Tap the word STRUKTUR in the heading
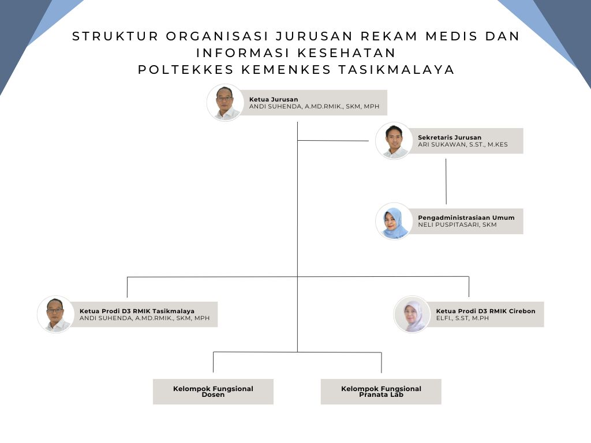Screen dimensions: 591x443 (x=115, y=36)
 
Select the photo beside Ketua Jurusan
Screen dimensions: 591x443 (x=225, y=103)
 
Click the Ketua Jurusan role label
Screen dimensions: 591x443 (x=274, y=99)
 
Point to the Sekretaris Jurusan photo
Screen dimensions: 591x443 (x=394, y=141)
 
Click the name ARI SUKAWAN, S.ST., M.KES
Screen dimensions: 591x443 (x=463, y=145)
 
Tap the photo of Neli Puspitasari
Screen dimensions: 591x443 (x=394, y=221)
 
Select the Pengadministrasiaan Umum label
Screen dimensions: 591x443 (x=466, y=217)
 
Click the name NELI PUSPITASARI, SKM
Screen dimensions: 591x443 (x=457, y=225)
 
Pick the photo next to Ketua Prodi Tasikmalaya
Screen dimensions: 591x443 (x=56, y=314)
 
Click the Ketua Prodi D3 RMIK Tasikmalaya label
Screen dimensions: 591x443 (x=137, y=311)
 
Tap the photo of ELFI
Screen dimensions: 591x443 (x=412, y=314)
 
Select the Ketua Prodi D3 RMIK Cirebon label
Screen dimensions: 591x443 (x=485, y=311)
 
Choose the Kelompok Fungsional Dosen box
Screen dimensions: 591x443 (x=213, y=392)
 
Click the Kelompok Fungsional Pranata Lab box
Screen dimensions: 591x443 (x=381, y=392)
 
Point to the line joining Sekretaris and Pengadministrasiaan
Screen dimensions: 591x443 (x=446, y=182)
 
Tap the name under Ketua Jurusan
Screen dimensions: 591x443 (x=314, y=107)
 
